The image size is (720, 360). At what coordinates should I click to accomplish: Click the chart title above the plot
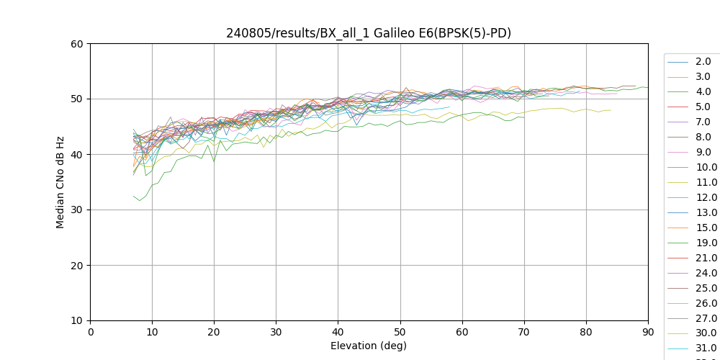pos(369,33)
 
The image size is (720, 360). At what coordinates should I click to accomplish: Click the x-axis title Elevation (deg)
pos(369,346)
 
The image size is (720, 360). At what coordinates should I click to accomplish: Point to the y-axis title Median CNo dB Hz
pos(60,182)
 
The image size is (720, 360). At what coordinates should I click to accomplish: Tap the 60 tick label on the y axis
pos(76,44)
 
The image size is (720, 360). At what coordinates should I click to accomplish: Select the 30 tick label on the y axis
pos(76,210)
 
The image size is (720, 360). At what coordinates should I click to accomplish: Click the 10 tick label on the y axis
pos(76,321)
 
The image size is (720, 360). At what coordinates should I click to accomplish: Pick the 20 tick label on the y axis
pos(76,266)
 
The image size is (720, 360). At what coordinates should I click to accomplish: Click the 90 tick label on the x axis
pos(648,333)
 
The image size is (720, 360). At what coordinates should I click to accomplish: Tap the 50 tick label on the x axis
pos(400,333)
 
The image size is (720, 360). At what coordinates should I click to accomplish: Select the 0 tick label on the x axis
pos(91,333)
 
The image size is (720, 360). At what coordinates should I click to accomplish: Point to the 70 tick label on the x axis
pos(524,333)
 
